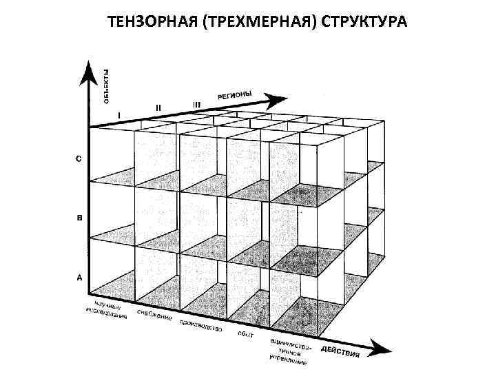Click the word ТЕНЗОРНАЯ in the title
[146, 23]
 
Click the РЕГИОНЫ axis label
[235, 96]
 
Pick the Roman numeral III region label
[196, 105]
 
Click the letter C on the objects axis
[79, 159]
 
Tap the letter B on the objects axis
[79, 218]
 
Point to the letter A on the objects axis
[79, 278]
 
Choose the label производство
[200, 326]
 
